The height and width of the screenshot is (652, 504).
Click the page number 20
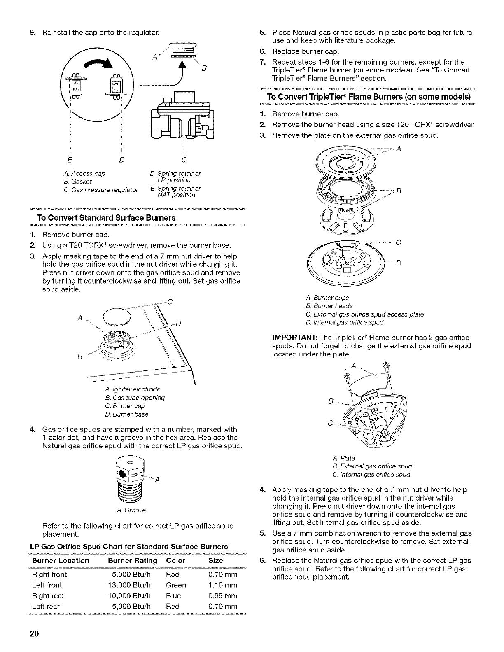[x=33, y=633]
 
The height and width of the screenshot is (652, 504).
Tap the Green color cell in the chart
[x=176, y=585]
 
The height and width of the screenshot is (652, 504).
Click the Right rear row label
[x=48, y=596]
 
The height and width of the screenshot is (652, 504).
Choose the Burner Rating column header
[x=132, y=561]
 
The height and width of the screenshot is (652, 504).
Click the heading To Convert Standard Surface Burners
[x=106, y=218]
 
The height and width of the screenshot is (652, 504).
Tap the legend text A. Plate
[x=343, y=458]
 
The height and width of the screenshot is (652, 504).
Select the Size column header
[x=216, y=561]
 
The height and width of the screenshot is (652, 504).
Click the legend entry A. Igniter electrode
[x=133, y=389]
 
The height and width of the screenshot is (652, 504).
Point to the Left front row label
[x=47, y=585]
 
